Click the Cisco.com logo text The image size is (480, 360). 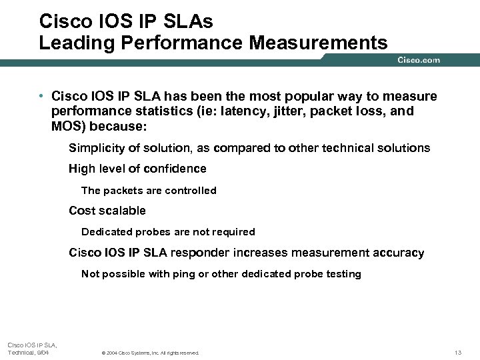coord(419,60)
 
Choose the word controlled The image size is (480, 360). coord(190,191)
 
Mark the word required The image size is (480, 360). coord(233,232)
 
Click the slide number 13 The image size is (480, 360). coord(457,352)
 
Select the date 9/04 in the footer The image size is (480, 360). coord(41,352)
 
